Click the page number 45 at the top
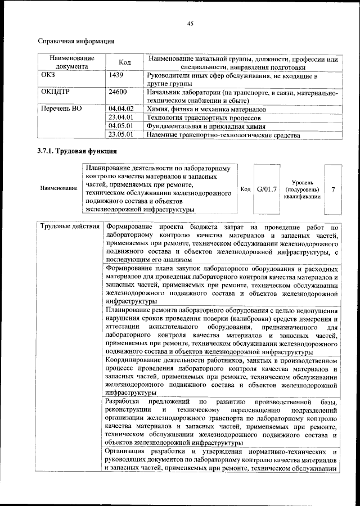point(190,23)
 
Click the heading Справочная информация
point(76,41)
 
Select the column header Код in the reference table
point(125,62)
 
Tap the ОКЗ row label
point(48,75)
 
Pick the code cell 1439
point(116,75)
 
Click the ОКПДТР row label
point(54,91)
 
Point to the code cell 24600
point(118,91)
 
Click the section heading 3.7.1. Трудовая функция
point(76,152)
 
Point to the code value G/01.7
point(267,189)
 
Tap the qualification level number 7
point(333,189)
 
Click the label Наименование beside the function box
point(59,189)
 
